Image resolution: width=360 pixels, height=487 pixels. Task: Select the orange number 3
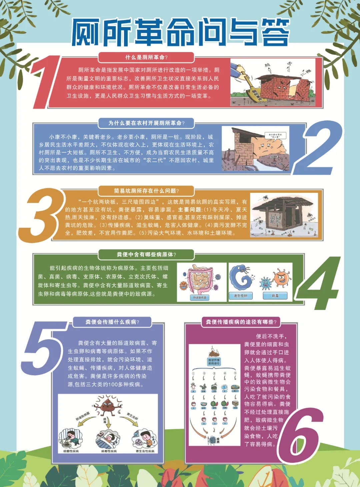point(42,215)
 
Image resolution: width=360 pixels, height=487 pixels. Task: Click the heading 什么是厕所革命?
point(146,57)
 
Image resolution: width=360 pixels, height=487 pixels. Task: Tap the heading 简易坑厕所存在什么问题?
point(146,191)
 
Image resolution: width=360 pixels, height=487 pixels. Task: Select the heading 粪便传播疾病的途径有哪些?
point(241,322)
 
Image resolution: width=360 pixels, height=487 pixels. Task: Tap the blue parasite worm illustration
point(240,277)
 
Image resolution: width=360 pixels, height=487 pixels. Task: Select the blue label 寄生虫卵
point(240,296)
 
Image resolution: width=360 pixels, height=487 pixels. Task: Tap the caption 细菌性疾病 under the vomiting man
point(71,451)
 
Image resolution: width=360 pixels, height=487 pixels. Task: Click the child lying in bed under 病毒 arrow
point(109,439)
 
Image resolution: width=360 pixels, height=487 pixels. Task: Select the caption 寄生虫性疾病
point(145,451)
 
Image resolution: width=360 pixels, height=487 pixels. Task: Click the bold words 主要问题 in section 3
point(190,209)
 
